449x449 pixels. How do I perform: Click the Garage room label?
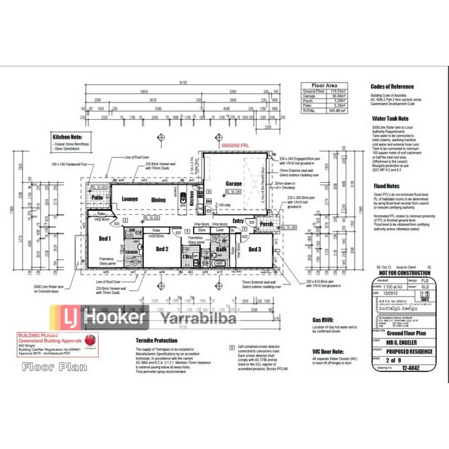tap(233, 183)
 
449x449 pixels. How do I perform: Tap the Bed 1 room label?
tap(105, 238)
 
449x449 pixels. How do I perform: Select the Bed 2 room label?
tap(162, 249)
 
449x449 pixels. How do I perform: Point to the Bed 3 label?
tap(255, 249)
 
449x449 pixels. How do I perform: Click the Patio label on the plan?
tap(97, 197)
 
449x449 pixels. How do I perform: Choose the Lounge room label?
tap(130, 199)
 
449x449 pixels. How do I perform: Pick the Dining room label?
tap(158, 200)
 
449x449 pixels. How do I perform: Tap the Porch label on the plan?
tap(266, 224)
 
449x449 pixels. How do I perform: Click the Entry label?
tap(238, 221)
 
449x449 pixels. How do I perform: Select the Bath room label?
tap(221, 249)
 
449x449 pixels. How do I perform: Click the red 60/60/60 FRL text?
tap(235, 145)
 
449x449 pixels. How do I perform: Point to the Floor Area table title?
tap(324, 85)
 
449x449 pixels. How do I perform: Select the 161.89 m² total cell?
tap(337, 111)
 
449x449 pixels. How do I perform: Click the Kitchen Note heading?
tap(67, 137)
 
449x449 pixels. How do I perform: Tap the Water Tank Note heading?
tap(390, 119)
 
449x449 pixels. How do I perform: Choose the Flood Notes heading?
tap(387, 186)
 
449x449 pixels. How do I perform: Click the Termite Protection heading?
tap(156, 340)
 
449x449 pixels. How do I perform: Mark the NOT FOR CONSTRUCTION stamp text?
tap(404, 273)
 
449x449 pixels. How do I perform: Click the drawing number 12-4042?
tap(410, 368)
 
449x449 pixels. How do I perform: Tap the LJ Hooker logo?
tap(100, 317)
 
